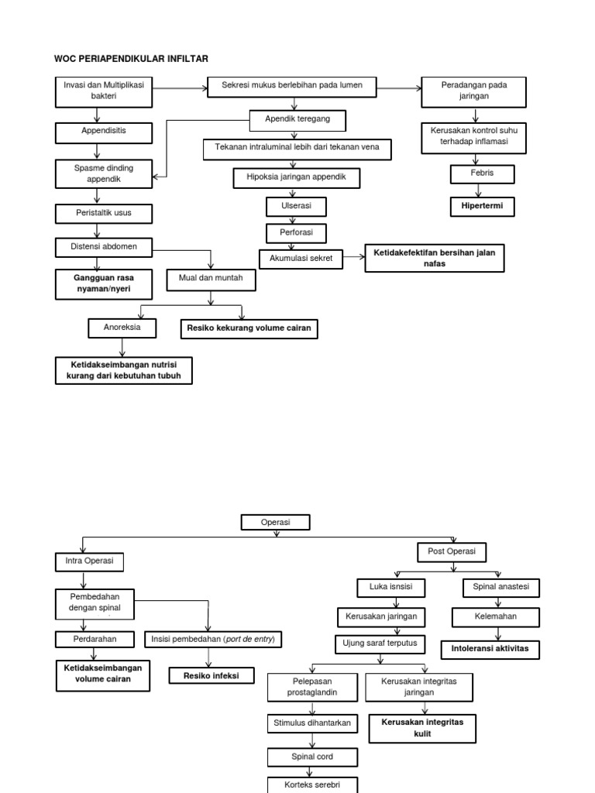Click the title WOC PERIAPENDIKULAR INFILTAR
coord(131,59)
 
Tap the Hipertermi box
coord(483,207)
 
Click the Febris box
coord(482,173)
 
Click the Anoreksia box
coord(122,328)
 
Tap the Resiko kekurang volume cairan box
coord(249,329)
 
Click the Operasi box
coord(276,523)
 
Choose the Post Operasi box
coord(452,552)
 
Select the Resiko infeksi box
coord(212,676)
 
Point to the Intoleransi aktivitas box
coord(490,649)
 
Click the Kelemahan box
coord(496,617)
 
